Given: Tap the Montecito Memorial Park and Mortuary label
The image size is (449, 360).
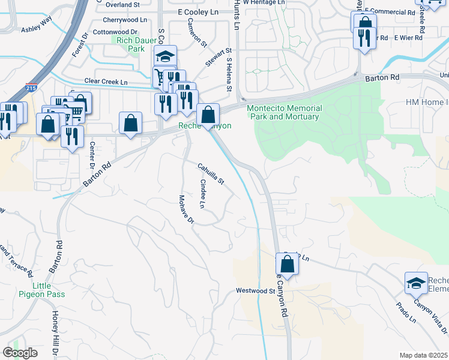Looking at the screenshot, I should pos(284,112).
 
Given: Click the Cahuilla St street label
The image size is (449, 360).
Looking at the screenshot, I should pos(211,173).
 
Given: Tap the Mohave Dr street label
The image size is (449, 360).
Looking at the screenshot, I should pos(186,209).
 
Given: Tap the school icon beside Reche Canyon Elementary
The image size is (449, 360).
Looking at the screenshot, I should pos(416,283).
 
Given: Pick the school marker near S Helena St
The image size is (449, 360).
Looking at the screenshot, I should pos(165,56).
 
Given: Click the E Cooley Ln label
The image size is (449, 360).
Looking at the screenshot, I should pos(197,12).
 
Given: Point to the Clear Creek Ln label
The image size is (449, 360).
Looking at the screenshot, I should pos(106,82).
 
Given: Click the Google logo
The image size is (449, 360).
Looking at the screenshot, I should pos(20,353).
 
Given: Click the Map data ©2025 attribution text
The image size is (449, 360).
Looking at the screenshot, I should pos(423,355).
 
